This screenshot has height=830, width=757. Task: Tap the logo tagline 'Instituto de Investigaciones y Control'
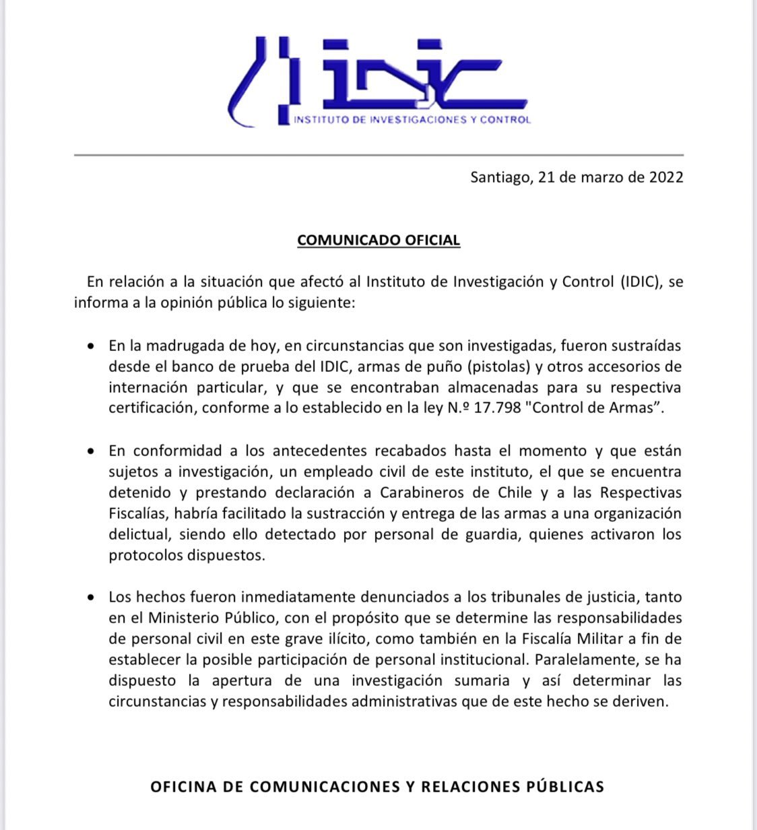(412, 120)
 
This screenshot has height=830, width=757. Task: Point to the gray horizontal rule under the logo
(378, 155)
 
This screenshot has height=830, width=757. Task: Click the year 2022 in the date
(666, 177)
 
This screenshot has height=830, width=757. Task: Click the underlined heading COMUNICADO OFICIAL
(378, 241)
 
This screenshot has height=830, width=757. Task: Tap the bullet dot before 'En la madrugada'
(91, 346)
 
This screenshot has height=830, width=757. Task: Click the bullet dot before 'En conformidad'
(91, 451)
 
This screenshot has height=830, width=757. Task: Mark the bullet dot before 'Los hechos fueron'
(91, 598)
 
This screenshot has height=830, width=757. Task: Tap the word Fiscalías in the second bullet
(138, 513)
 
